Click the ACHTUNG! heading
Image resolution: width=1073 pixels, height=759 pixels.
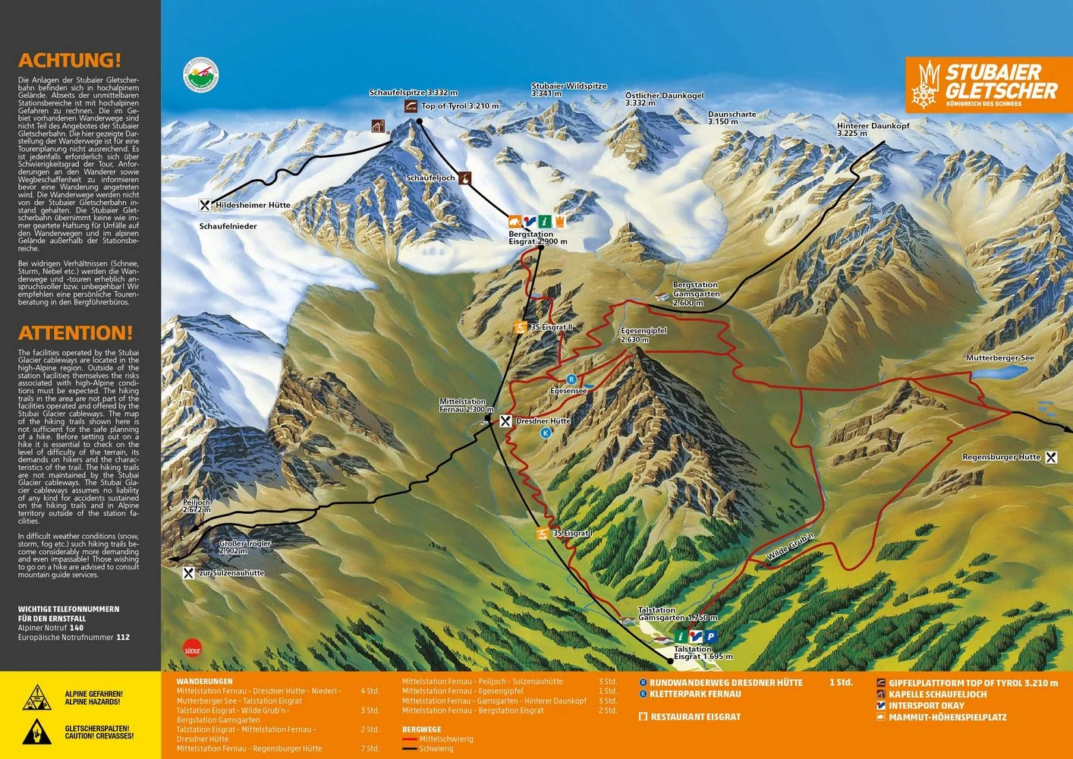pyautogui.click(x=69, y=61)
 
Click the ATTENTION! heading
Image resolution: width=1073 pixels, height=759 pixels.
pyautogui.click(x=75, y=333)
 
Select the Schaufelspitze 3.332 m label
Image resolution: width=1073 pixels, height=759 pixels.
pyautogui.click(x=414, y=93)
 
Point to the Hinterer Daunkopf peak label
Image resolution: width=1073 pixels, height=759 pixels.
pyautogui.click(x=873, y=129)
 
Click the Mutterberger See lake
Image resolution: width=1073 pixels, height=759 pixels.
pyautogui.click(x=1001, y=373)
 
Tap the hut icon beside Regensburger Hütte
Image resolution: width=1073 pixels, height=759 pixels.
pyautogui.click(x=1051, y=458)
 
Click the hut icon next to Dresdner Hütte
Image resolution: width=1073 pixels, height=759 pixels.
pyautogui.click(x=506, y=420)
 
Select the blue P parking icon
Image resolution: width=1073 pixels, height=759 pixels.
pyautogui.click(x=710, y=637)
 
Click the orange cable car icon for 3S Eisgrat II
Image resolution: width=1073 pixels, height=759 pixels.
pyautogui.click(x=520, y=328)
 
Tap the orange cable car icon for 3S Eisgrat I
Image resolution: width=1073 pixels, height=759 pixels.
pyautogui.click(x=543, y=534)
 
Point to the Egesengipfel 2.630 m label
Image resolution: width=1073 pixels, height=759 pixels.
pyautogui.click(x=643, y=335)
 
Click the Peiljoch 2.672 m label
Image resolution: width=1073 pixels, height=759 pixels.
pyautogui.click(x=197, y=506)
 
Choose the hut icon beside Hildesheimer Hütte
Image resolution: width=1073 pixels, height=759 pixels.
pyautogui.click(x=205, y=205)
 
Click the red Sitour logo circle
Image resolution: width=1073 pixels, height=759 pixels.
pyautogui.click(x=193, y=649)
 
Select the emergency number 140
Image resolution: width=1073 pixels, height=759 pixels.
pyautogui.click(x=77, y=628)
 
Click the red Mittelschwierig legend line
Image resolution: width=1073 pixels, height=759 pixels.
pyautogui.click(x=410, y=739)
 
